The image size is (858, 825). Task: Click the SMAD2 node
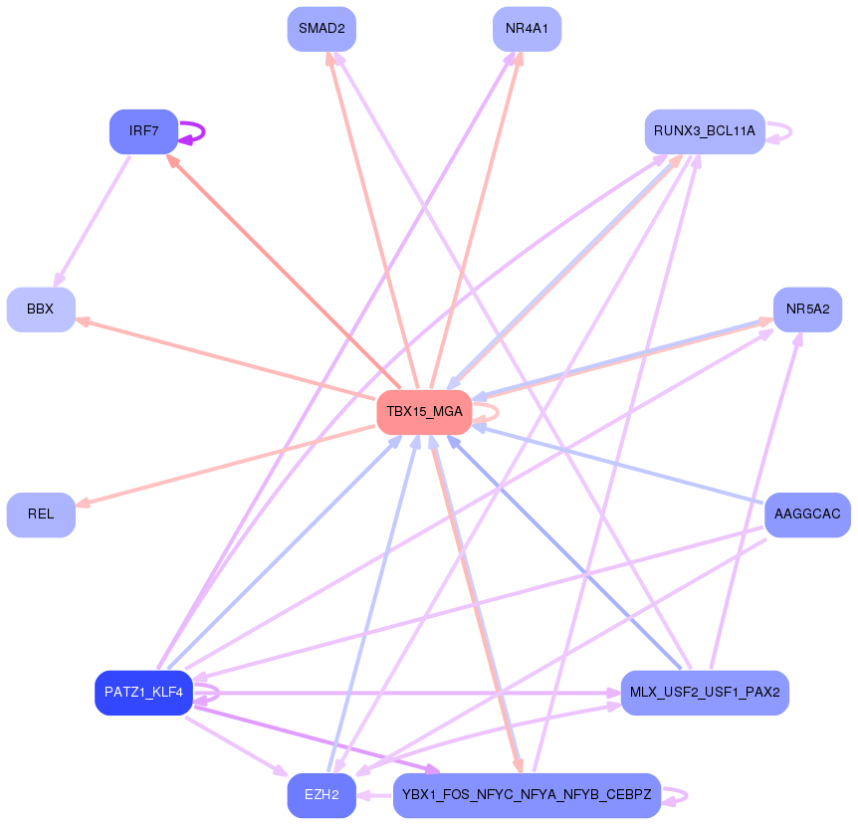click(322, 29)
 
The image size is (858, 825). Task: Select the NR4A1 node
click(527, 29)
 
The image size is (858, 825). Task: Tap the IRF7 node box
click(143, 131)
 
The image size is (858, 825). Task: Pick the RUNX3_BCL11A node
click(704, 131)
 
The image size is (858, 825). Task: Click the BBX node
click(41, 309)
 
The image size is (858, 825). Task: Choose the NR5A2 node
click(807, 309)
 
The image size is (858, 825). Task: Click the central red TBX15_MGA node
click(424, 412)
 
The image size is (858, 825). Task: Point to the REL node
click(41, 515)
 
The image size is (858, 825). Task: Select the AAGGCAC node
click(807, 515)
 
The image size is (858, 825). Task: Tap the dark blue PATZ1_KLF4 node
click(143, 693)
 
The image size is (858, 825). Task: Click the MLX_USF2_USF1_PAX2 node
click(704, 693)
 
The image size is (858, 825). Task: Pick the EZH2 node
click(322, 795)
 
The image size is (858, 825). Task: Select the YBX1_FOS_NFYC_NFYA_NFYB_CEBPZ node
click(527, 795)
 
